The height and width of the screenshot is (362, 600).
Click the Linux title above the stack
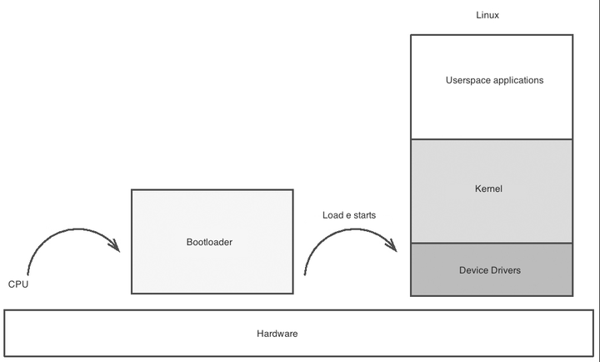487,15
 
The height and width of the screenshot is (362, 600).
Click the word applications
517,80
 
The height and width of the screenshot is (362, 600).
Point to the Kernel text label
488,189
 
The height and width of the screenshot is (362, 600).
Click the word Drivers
506,270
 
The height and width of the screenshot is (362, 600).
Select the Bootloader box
212,267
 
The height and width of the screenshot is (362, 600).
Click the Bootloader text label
209,242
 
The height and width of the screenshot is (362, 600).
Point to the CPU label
18,284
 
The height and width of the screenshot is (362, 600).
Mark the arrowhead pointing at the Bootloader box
115,244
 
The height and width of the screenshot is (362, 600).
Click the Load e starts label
348,215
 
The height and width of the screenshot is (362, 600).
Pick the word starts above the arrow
364,215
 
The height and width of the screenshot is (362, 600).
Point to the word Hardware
277,334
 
